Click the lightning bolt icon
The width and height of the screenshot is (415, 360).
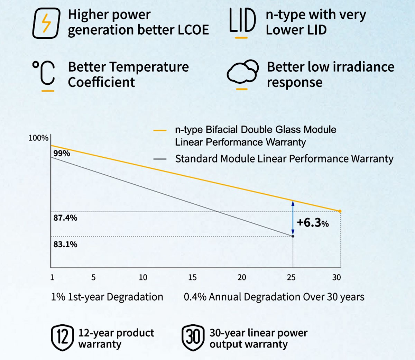tap(46, 23)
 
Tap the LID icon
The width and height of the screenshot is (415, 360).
tap(242, 21)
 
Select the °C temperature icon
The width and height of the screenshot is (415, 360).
tap(44, 73)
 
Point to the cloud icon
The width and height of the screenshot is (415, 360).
tap(242, 72)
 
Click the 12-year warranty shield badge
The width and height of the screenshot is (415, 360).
tap(62, 338)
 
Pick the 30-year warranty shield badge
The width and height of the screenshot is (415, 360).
tap(193, 338)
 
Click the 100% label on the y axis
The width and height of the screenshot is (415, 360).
tap(38, 138)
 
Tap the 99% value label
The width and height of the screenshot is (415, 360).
tap(62, 153)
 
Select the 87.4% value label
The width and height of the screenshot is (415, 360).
tap(65, 218)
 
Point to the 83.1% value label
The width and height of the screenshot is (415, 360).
tap(65, 244)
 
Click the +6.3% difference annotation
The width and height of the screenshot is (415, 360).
tap(313, 222)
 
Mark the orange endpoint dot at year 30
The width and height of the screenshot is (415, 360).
tap(340, 211)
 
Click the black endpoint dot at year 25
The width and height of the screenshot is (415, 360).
tap(293, 236)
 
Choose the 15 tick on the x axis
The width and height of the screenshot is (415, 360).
tap(192, 277)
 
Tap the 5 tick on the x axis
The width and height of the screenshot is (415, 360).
tap(93, 277)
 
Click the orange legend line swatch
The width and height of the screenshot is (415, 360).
tap(160, 131)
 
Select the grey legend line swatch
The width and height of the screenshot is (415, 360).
tap(160, 159)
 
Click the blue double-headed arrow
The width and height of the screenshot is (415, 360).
tap(293, 218)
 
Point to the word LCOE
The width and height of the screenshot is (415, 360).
tap(193, 30)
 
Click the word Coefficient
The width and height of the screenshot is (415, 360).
tap(101, 82)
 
